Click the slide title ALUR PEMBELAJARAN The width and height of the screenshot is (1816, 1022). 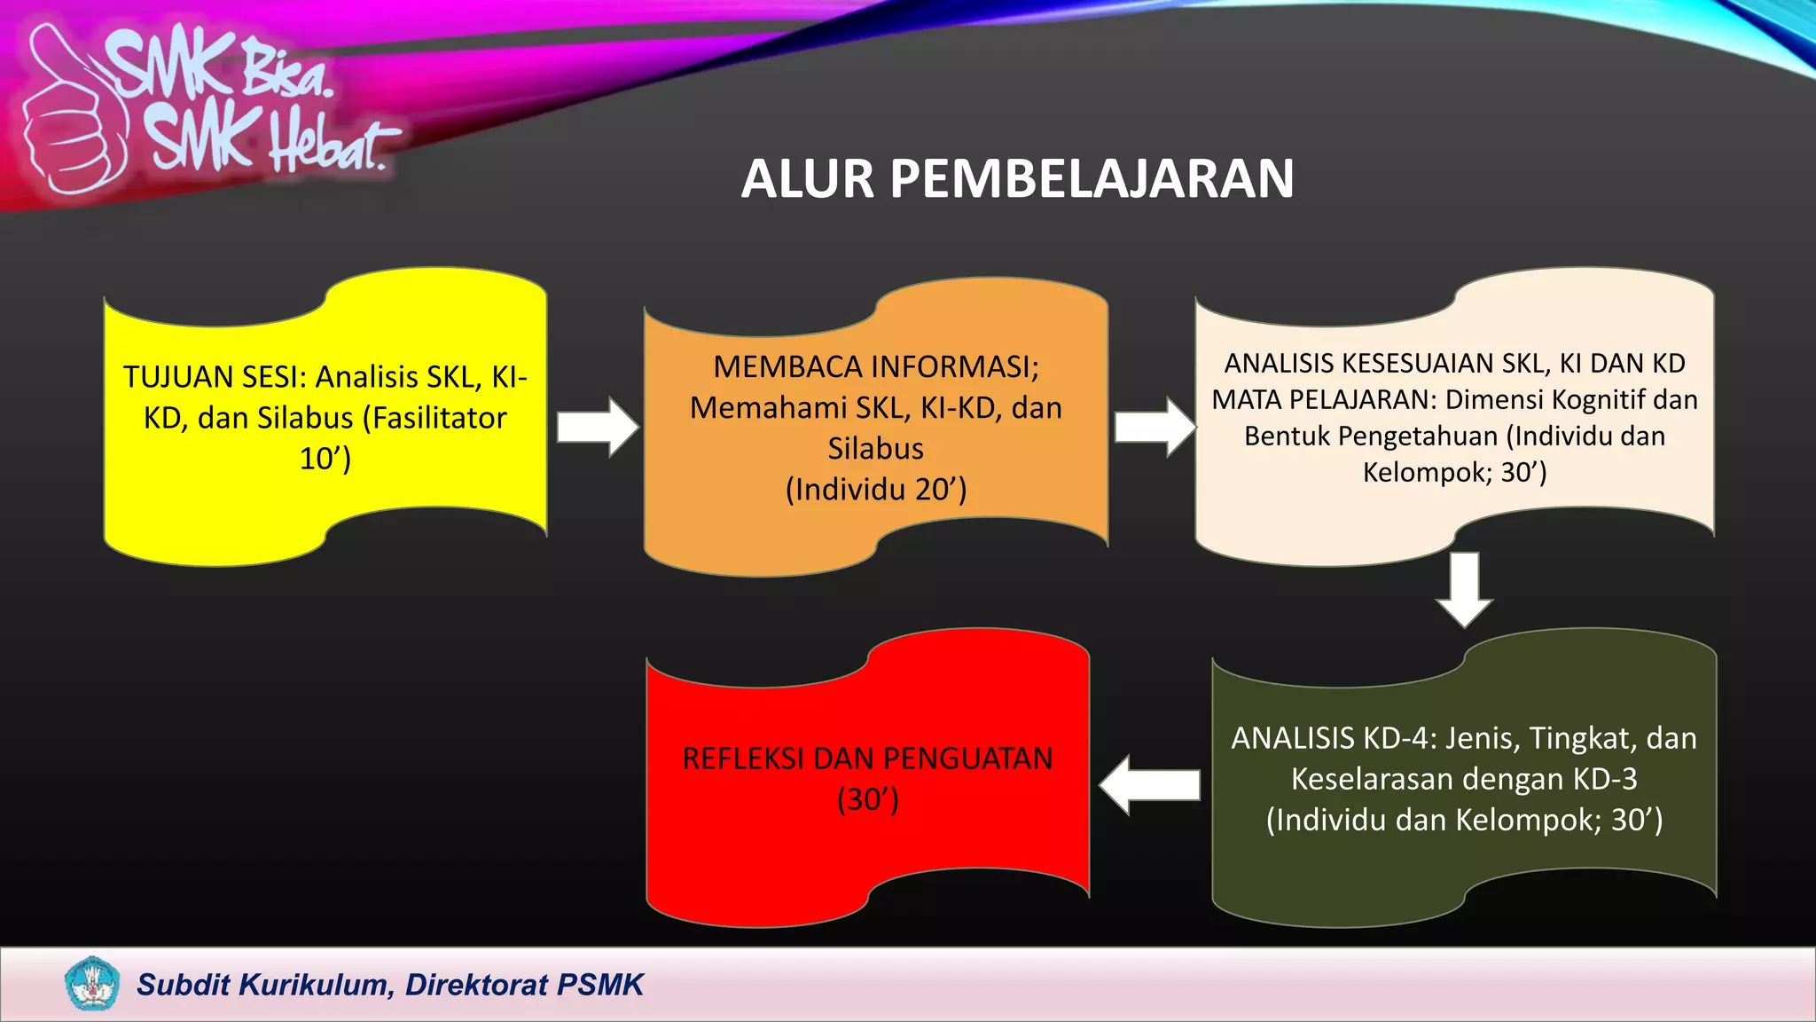coord(1017,179)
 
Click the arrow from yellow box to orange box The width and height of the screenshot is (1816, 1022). coord(597,428)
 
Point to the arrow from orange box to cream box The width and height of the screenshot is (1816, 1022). coord(1155,428)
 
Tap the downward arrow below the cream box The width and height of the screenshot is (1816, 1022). coord(1464,589)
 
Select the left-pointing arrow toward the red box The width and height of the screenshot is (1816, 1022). coord(1149,785)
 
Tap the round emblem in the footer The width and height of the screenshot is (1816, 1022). coord(91,984)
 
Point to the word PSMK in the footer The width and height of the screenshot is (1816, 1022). coord(600,985)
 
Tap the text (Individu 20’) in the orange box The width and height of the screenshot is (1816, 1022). coord(875,490)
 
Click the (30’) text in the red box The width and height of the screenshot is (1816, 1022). coord(867,799)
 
